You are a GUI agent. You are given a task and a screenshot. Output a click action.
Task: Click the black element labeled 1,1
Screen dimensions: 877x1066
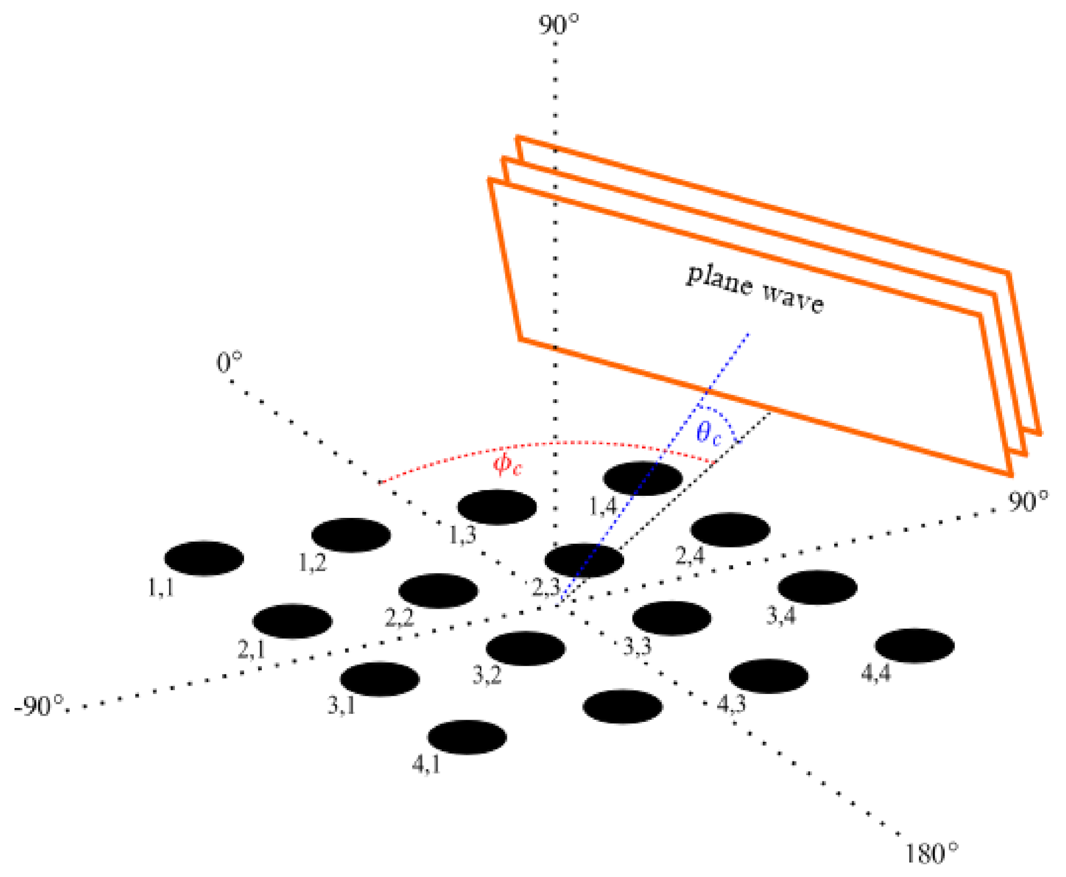[204, 558]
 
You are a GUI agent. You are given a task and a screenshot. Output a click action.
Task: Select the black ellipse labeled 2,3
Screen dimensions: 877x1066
[584, 560]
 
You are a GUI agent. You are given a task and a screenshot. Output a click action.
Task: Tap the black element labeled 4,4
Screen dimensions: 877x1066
[914, 645]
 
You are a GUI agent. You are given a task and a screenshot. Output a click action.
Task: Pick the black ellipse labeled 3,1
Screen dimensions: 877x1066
[380, 679]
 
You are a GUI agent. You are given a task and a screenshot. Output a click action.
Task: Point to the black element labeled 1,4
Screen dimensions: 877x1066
[643, 478]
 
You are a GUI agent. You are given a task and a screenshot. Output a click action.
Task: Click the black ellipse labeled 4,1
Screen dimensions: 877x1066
[467, 737]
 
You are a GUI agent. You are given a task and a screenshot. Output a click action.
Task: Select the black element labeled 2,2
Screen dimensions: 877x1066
[438, 590]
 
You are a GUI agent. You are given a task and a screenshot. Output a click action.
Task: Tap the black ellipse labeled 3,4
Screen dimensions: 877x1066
[817, 587]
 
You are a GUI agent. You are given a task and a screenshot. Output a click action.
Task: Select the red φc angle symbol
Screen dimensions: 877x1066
[507, 465]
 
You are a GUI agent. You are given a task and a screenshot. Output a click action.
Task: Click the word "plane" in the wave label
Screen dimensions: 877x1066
[719, 280]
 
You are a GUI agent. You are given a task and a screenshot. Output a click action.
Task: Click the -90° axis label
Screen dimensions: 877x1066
[39, 706]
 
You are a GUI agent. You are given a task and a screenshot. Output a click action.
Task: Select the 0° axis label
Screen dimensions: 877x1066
[229, 363]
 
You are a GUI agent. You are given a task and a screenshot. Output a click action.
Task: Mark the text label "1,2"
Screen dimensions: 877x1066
[313, 563]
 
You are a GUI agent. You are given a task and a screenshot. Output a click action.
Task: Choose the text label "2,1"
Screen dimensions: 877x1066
[251, 649]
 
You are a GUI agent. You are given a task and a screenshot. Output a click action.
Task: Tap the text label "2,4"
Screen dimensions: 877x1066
[690, 555]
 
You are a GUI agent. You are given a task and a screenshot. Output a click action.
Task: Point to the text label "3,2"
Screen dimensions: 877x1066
[486, 675]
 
